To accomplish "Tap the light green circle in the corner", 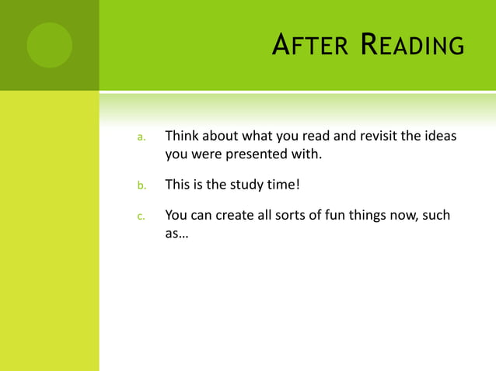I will point(49,45).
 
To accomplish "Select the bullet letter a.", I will point(141,137).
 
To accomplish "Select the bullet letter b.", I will point(141,185).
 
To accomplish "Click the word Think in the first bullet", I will point(182,137).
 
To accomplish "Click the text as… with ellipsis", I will point(176,233).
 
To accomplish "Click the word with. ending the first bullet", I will point(306,154).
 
